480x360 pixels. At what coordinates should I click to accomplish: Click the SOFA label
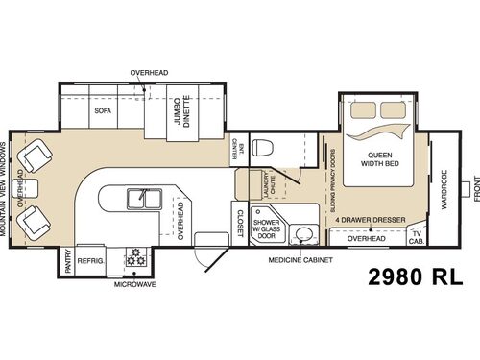tap(103, 110)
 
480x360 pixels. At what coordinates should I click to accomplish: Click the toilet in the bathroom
tap(270, 146)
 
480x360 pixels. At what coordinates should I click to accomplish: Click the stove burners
tap(135, 258)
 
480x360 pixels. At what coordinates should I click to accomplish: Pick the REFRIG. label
tap(90, 259)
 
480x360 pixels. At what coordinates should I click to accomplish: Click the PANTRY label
tap(67, 262)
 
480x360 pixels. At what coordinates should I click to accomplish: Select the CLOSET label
tap(239, 223)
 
